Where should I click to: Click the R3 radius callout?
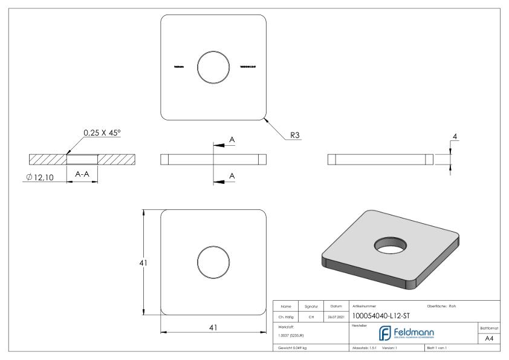(295, 136)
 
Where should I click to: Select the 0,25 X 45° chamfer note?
(103, 132)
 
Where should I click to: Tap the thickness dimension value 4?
(455, 137)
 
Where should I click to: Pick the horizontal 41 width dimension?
(213, 327)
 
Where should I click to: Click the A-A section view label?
(82, 173)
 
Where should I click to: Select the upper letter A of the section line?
(232, 140)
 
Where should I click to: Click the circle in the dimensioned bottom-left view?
(213, 263)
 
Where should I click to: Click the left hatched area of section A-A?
(47, 159)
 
